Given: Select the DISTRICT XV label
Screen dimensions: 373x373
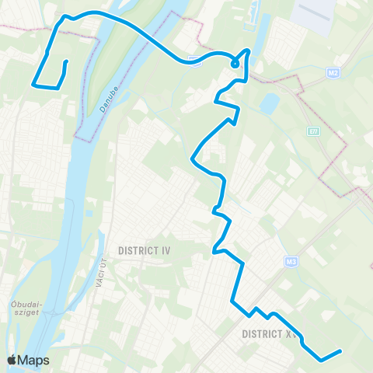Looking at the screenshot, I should point(269,333).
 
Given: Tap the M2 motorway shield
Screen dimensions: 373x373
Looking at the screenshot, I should point(333,72).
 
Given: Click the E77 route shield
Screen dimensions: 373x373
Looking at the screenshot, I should point(313,133).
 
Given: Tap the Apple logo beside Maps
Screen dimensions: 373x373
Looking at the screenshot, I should point(12,361).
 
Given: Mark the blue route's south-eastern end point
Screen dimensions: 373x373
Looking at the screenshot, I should point(340,352).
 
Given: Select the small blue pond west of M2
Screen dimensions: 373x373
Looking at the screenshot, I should point(270,103).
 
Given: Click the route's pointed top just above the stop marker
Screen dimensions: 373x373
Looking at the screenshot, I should point(248,51).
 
